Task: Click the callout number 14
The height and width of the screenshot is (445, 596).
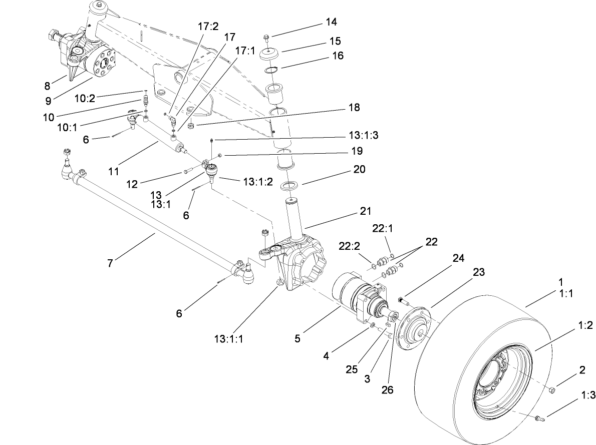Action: tap(331, 22)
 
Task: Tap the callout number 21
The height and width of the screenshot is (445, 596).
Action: tap(365, 212)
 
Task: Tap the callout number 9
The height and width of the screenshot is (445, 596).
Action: tap(49, 100)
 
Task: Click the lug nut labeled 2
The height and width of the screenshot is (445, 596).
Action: tap(551, 390)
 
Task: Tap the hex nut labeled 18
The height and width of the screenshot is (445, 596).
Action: tap(191, 126)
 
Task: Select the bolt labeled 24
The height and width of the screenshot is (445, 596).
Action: tap(403, 301)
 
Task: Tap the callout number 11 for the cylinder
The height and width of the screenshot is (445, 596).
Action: tap(114, 171)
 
